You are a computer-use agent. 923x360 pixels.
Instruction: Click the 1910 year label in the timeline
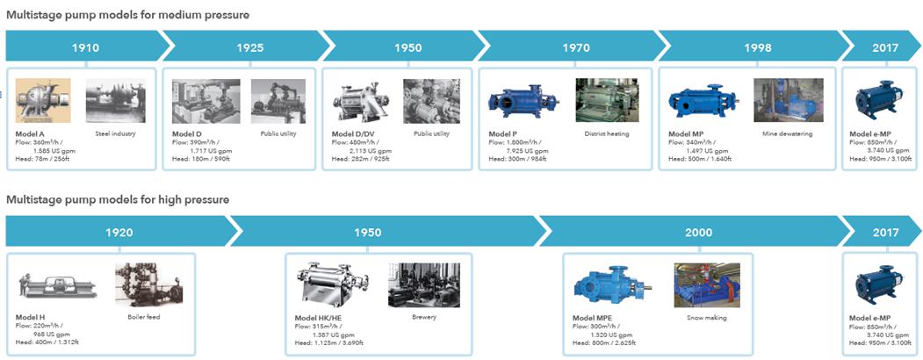click(x=85, y=47)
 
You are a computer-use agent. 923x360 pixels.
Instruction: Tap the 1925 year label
click(x=250, y=47)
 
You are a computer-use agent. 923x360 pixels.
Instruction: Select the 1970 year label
click(x=576, y=47)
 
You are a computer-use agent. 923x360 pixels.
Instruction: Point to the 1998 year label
click(x=758, y=47)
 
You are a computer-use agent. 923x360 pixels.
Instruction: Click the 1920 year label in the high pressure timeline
click(x=119, y=233)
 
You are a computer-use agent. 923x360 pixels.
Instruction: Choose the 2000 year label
click(x=699, y=233)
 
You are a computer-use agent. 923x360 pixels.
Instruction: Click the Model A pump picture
click(x=43, y=101)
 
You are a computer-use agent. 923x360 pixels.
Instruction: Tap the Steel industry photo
click(x=115, y=101)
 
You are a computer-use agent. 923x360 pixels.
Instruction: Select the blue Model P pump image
click(x=523, y=101)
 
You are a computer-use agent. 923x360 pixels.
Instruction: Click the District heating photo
click(x=607, y=101)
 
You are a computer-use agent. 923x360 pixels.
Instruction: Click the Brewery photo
click(x=424, y=285)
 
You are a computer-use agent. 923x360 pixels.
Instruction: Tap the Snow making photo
click(x=707, y=285)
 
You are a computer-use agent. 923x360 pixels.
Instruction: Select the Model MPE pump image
click(x=611, y=284)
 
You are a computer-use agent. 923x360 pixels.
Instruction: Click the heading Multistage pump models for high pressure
click(x=118, y=200)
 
